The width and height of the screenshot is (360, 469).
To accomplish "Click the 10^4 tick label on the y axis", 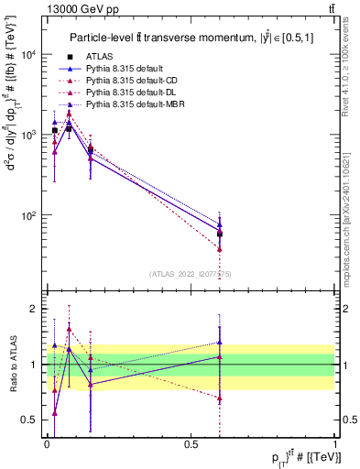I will click(30, 55).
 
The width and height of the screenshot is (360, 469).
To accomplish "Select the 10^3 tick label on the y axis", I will click(30, 136).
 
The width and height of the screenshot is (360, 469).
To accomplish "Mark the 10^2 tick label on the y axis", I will click(30, 216).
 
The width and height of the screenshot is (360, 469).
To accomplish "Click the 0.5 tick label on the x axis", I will click(191, 442).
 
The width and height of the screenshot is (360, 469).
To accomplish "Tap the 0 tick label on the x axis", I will click(47, 442).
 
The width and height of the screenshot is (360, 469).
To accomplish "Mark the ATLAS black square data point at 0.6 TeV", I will click(220, 234).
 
